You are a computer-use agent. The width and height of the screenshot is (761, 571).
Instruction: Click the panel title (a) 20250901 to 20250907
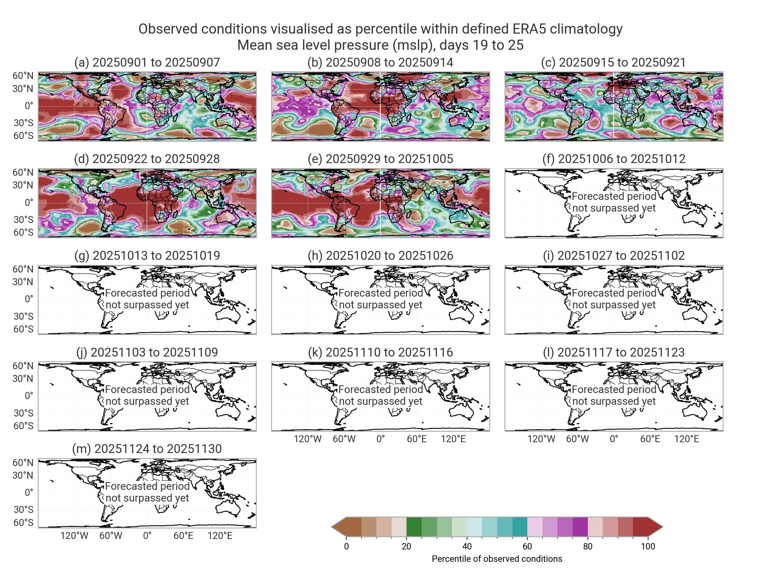[147, 62]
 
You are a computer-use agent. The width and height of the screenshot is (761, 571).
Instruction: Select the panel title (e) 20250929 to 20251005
[380, 159]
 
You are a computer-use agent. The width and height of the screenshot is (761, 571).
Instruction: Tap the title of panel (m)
[147, 449]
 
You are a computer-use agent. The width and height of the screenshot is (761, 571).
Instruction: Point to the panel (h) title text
[380, 255]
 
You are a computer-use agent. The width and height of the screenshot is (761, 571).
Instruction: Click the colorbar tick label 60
[527, 546]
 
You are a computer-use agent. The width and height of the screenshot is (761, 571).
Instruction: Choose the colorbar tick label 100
[648, 546]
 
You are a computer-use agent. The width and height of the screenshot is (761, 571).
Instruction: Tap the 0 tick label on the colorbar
[347, 546]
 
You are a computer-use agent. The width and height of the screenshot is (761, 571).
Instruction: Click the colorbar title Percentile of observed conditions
[497, 559]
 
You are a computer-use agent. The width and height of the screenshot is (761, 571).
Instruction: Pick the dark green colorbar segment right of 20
[414, 527]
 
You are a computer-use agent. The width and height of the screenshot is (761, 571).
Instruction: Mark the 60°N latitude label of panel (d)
[23, 173]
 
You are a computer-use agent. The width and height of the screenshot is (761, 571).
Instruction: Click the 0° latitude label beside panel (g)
[29, 299]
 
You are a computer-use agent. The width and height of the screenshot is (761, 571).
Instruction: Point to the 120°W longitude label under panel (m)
[74, 535]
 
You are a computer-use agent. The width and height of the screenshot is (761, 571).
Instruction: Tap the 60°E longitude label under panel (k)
[417, 439]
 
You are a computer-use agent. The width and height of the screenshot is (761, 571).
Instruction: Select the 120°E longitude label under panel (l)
[687, 439]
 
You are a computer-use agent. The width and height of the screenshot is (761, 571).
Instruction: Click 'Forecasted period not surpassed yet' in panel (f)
[614, 202]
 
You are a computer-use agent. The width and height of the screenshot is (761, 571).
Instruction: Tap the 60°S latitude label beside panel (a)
[23, 135]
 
